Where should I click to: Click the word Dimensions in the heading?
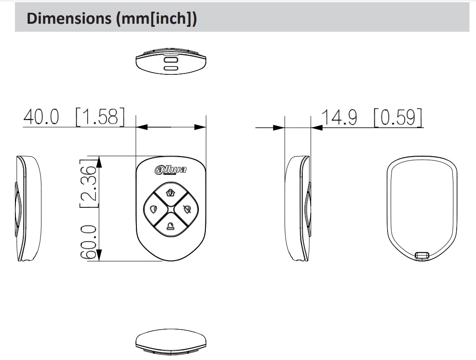(69, 18)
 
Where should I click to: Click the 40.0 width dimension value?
(41, 117)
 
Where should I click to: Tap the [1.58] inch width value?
(100, 117)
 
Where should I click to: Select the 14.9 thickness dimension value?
(339, 118)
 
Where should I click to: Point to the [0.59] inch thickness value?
(398, 117)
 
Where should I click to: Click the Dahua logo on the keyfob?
(171, 170)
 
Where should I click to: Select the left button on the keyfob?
(154, 209)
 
